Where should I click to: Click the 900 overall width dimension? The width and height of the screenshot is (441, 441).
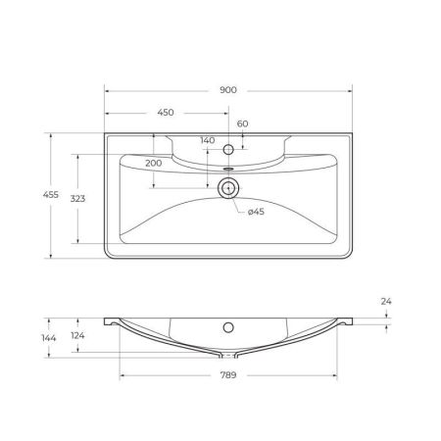coord(228,90)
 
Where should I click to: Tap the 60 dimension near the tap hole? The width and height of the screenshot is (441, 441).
coord(241,124)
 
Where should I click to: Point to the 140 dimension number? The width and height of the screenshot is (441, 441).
coord(207,141)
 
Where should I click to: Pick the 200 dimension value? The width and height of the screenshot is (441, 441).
coord(154,163)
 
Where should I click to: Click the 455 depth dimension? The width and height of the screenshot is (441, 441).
coord(36,196)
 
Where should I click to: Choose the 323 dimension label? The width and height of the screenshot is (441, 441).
coord(76,198)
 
